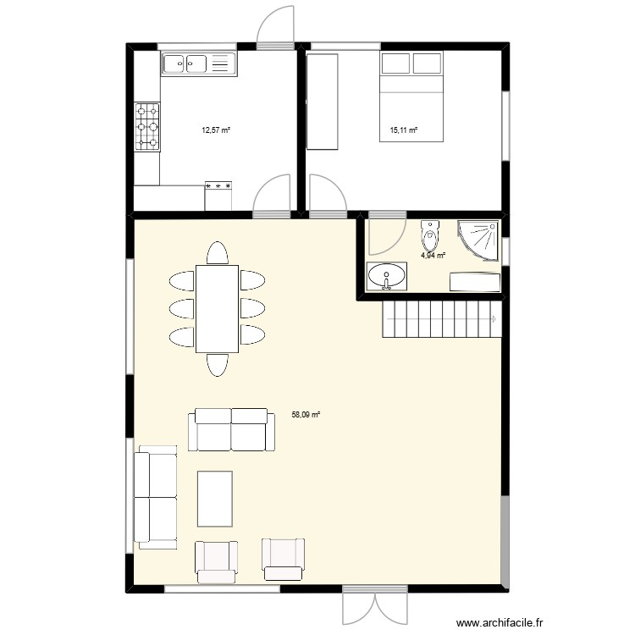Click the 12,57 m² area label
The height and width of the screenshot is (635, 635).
215,130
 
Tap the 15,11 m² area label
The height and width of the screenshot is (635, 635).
404,130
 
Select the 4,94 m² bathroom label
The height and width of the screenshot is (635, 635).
433,253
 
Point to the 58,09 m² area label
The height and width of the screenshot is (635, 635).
306,415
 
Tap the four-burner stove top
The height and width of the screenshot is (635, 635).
146,127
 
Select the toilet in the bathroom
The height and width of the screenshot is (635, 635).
430,230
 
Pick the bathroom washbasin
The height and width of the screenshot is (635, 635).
387,276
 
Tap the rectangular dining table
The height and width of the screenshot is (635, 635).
218,308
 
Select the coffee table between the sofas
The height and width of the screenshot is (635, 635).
215,499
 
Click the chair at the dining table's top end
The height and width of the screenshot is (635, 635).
218,253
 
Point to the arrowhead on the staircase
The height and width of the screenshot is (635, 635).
494,319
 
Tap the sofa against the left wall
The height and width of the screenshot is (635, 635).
155,497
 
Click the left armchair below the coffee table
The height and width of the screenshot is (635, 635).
215,560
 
